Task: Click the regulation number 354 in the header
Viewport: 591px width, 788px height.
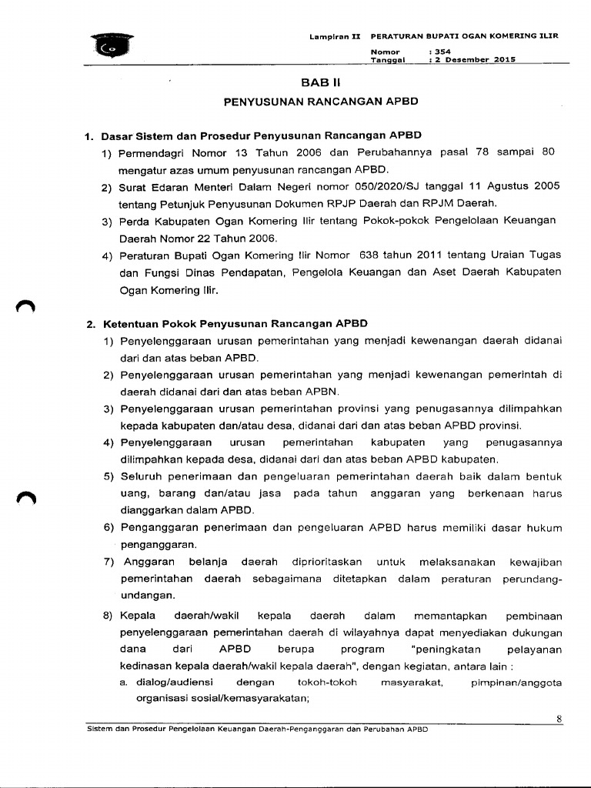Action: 442,51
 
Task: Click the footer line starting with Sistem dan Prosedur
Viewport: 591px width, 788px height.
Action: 256,729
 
